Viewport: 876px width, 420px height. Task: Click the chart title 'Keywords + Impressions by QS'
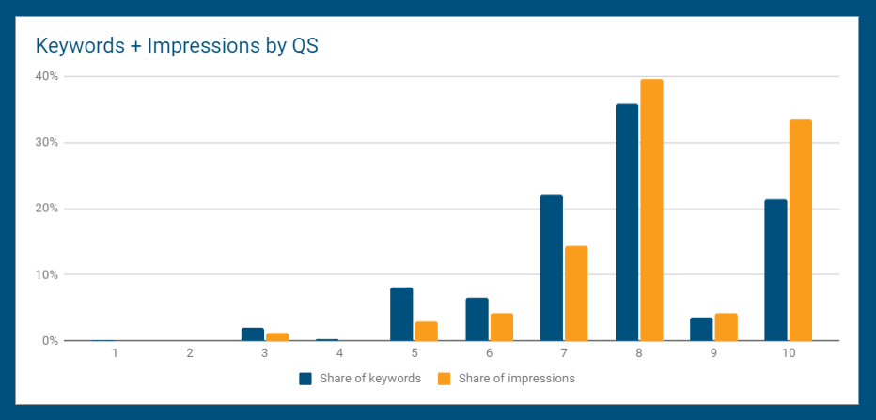click(x=177, y=46)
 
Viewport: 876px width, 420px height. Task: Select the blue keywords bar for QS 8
click(x=627, y=223)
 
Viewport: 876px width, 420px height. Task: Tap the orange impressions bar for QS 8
click(x=651, y=210)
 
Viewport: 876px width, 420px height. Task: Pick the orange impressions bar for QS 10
click(x=801, y=230)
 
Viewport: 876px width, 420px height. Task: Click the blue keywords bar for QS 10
click(x=776, y=270)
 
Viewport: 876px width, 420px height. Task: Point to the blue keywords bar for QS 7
click(x=552, y=268)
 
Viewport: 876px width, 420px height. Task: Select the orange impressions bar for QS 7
click(x=576, y=293)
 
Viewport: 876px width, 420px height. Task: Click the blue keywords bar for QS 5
click(x=401, y=314)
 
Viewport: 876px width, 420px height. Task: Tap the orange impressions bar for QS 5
click(x=427, y=331)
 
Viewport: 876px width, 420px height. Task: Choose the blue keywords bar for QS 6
click(x=477, y=319)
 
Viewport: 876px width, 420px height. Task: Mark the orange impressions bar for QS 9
click(x=727, y=327)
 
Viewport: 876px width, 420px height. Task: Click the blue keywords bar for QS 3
click(x=253, y=334)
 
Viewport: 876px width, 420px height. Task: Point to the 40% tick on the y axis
click(x=46, y=76)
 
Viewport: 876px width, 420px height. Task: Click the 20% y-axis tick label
click(x=46, y=209)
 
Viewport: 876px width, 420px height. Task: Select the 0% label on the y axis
click(x=49, y=341)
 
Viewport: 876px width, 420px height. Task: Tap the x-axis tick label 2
click(x=190, y=353)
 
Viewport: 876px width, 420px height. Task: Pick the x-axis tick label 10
click(x=789, y=353)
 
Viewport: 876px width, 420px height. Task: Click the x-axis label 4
click(x=339, y=353)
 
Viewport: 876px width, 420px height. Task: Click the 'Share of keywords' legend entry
click(x=360, y=379)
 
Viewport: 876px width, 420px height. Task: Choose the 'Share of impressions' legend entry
click(x=507, y=379)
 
